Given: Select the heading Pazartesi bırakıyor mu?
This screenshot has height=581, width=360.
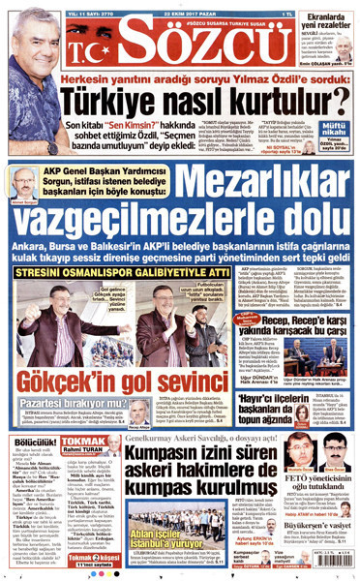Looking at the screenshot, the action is click(x=66, y=396).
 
